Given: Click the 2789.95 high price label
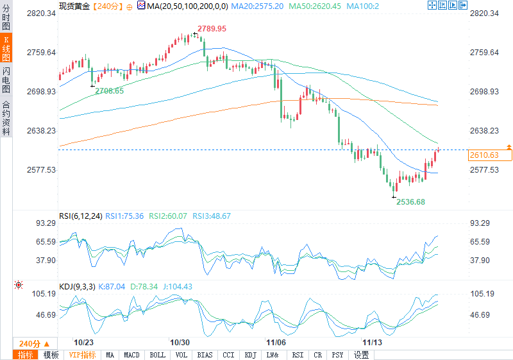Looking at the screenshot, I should tap(212, 29).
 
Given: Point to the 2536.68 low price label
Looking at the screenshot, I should tap(410, 201).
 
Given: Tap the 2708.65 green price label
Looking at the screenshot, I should tap(110, 91).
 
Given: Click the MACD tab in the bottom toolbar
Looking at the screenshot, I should tap(131, 355).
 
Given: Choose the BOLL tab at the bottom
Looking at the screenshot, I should tap(157, 355).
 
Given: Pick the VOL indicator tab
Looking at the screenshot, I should tap(181, 355).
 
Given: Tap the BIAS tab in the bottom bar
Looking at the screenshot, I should tap(205, 355).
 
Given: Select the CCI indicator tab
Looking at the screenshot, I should tap(228, 355).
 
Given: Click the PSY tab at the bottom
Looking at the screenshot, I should tap(338, 355).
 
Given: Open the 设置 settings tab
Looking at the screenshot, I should tap(361, 355).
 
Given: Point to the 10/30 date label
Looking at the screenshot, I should tap(180, 343).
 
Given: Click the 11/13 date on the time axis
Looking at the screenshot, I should tap(372, 343).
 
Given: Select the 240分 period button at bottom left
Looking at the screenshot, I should tap(34, 343).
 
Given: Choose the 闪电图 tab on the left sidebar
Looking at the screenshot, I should tap(6, 80).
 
